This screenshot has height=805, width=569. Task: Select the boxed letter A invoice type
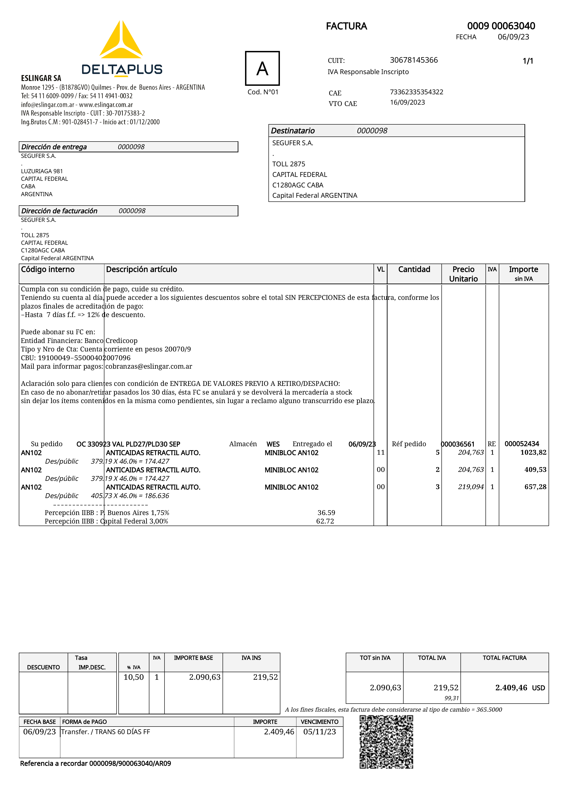(x=262, y=68)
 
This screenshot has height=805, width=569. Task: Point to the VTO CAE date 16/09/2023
(x=407, y=102)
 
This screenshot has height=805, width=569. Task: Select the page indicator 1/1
(x=528, y=61)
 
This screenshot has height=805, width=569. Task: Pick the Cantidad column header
(x=414, y=269)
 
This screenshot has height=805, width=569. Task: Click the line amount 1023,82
(x=533, y=452)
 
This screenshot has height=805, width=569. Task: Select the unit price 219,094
(x=471, y=487)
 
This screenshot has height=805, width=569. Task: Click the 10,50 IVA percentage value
(x=134, y=677)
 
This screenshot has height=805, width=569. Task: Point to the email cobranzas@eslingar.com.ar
(x=149, y=366)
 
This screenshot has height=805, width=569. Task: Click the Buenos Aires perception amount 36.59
(x=326, y=513)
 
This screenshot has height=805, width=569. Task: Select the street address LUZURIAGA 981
(x=42, y=171)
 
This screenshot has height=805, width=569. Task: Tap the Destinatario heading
(x=293, y=131)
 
